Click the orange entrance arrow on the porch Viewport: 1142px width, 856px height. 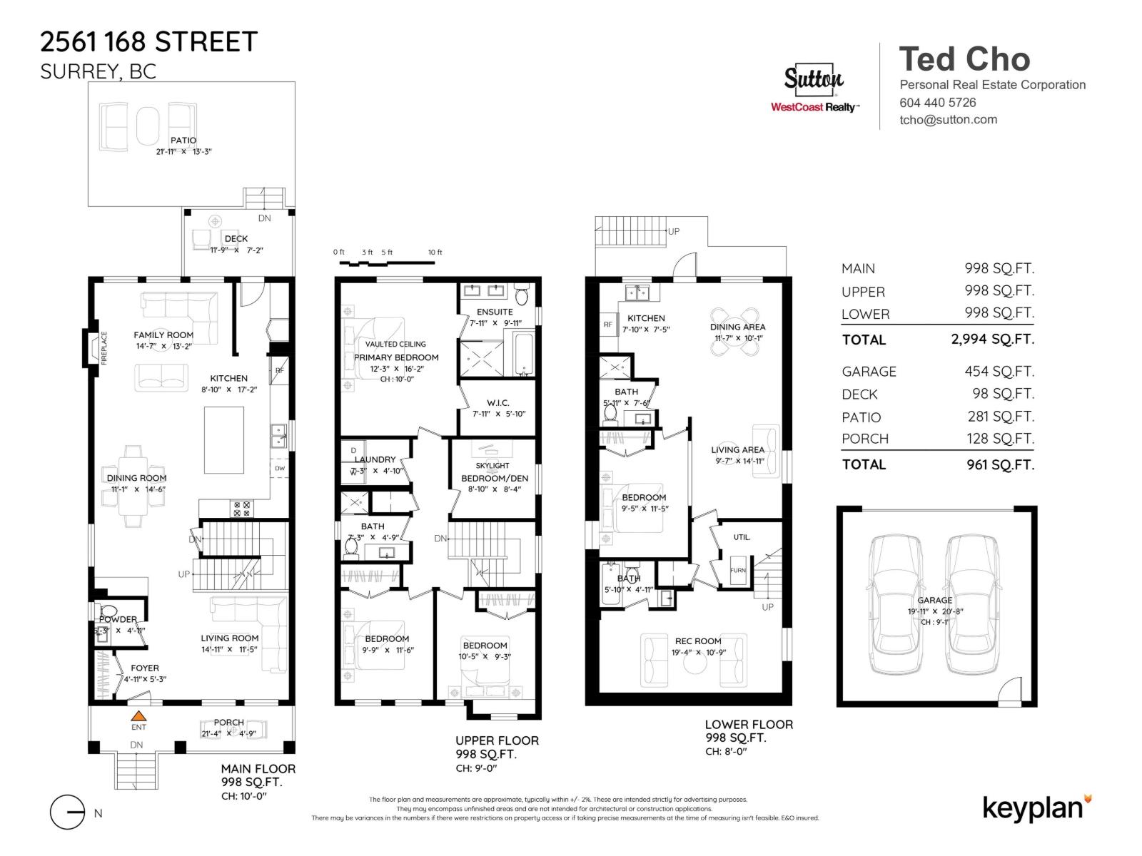[x=138, y=715]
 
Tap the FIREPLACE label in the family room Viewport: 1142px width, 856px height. [x=103, y=348]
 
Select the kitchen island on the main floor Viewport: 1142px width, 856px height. [x=224, y=439]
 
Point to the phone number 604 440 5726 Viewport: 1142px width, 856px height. [x=937, y=102]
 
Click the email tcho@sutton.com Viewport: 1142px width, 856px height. [x=948, y=120]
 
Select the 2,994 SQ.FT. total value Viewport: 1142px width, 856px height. [x=992, y=340]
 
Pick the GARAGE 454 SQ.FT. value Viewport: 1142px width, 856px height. [x=999, y=371]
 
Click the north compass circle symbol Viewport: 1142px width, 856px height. [x=68, y=812]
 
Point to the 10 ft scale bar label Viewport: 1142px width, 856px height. [x=435, y=253]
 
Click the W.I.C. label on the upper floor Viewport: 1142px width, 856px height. [x=497, y=403]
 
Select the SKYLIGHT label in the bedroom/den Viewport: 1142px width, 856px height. [x=492, y=465]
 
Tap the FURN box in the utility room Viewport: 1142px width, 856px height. [x=738, y=570]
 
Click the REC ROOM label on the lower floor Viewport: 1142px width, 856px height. [x=697, y=641]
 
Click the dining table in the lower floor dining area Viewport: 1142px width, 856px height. [x=735, y=331]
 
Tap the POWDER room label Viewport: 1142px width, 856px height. [x=118, y=619]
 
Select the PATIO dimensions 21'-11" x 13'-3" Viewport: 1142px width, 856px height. [x=184, y=151]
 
